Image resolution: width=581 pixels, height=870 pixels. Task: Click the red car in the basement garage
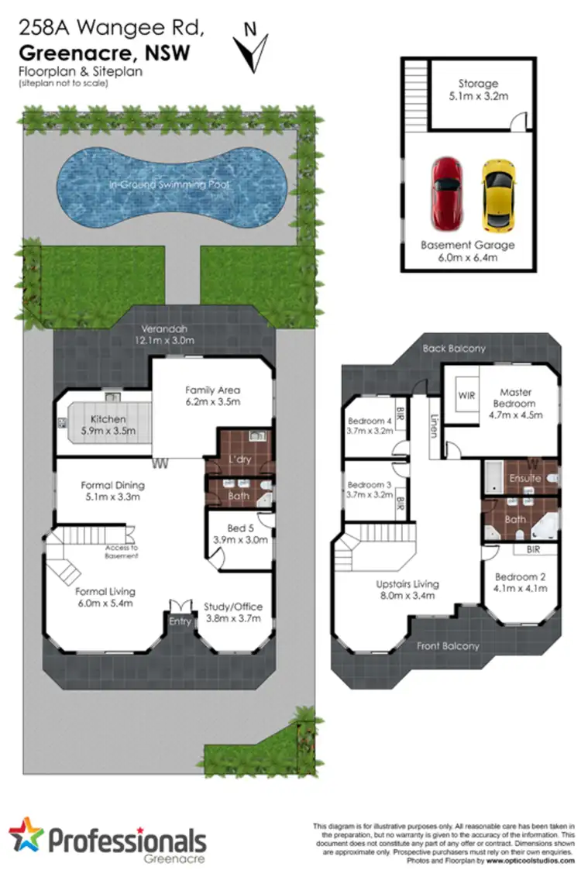446,194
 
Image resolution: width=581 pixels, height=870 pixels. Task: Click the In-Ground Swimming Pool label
170,186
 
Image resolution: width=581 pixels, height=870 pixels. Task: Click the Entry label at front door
180,621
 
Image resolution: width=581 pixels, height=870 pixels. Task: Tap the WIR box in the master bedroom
466,395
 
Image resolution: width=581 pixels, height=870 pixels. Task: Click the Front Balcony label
449,645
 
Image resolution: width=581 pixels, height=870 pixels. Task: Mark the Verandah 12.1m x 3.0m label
163,335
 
